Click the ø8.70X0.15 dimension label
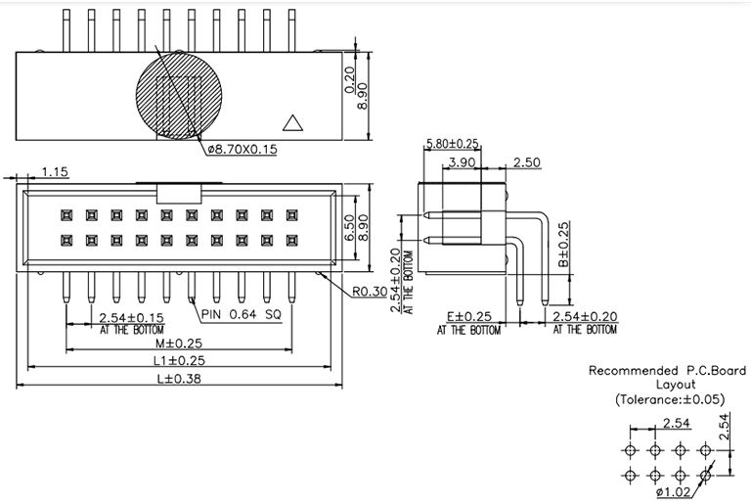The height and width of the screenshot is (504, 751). pos(243,149)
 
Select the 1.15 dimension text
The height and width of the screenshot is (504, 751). pos(55,172)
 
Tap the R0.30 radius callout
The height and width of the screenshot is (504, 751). pos(371,291)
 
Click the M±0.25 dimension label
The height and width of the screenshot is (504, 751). pos(180,344)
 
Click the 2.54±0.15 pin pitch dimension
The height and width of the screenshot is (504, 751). pos(133,317)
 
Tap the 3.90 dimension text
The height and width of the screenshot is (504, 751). pos(462,162)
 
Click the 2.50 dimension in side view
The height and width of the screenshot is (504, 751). pos(525,162)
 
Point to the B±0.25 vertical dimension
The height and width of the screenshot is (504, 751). pos(563,246)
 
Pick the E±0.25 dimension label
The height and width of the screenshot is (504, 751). pos(469,317)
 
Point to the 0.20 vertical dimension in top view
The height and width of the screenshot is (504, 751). pos(350,77)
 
